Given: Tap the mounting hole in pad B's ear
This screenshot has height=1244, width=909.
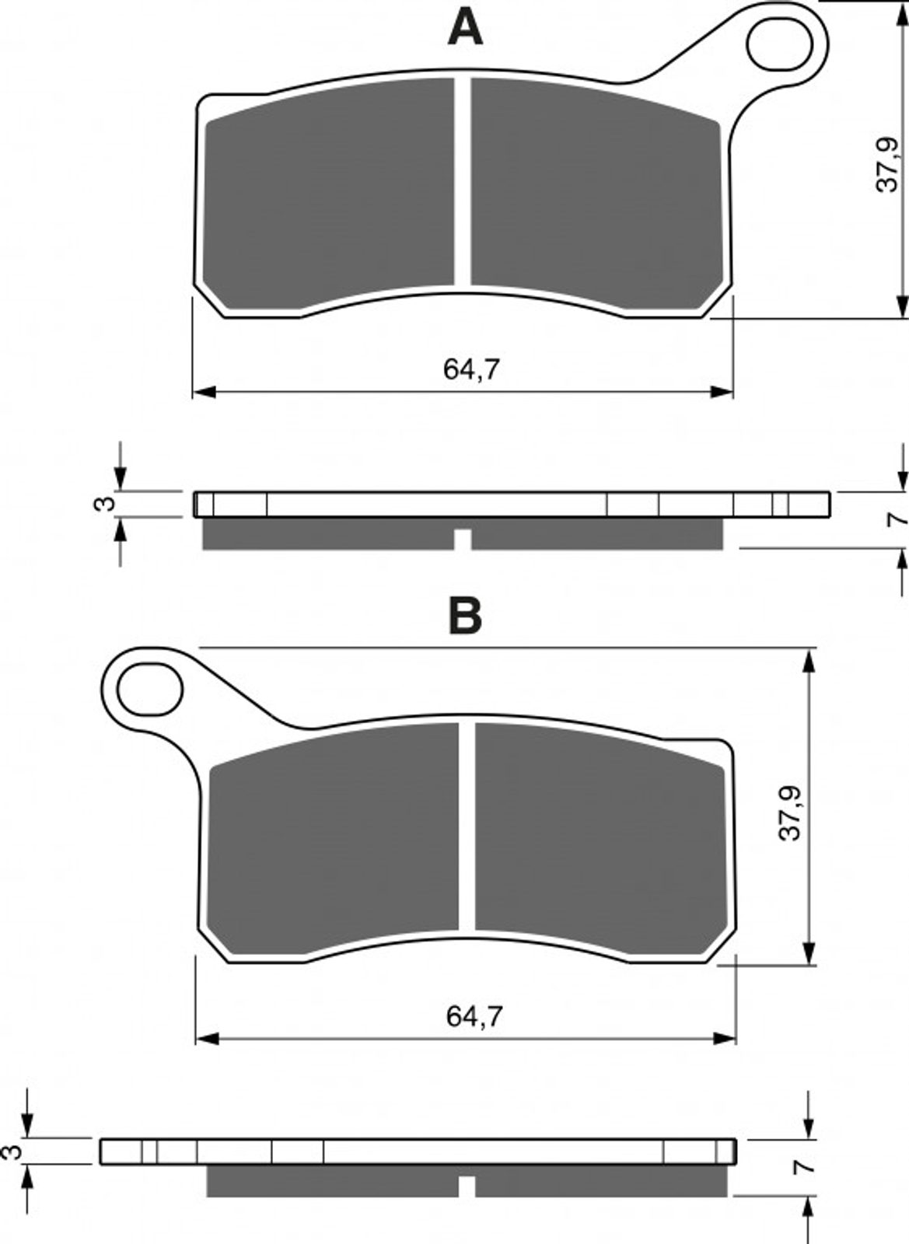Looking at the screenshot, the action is click(151, 689).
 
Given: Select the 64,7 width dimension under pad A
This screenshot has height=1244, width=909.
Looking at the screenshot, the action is click(471, 369).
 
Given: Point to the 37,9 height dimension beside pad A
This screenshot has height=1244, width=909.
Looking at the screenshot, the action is click(886, 164).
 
